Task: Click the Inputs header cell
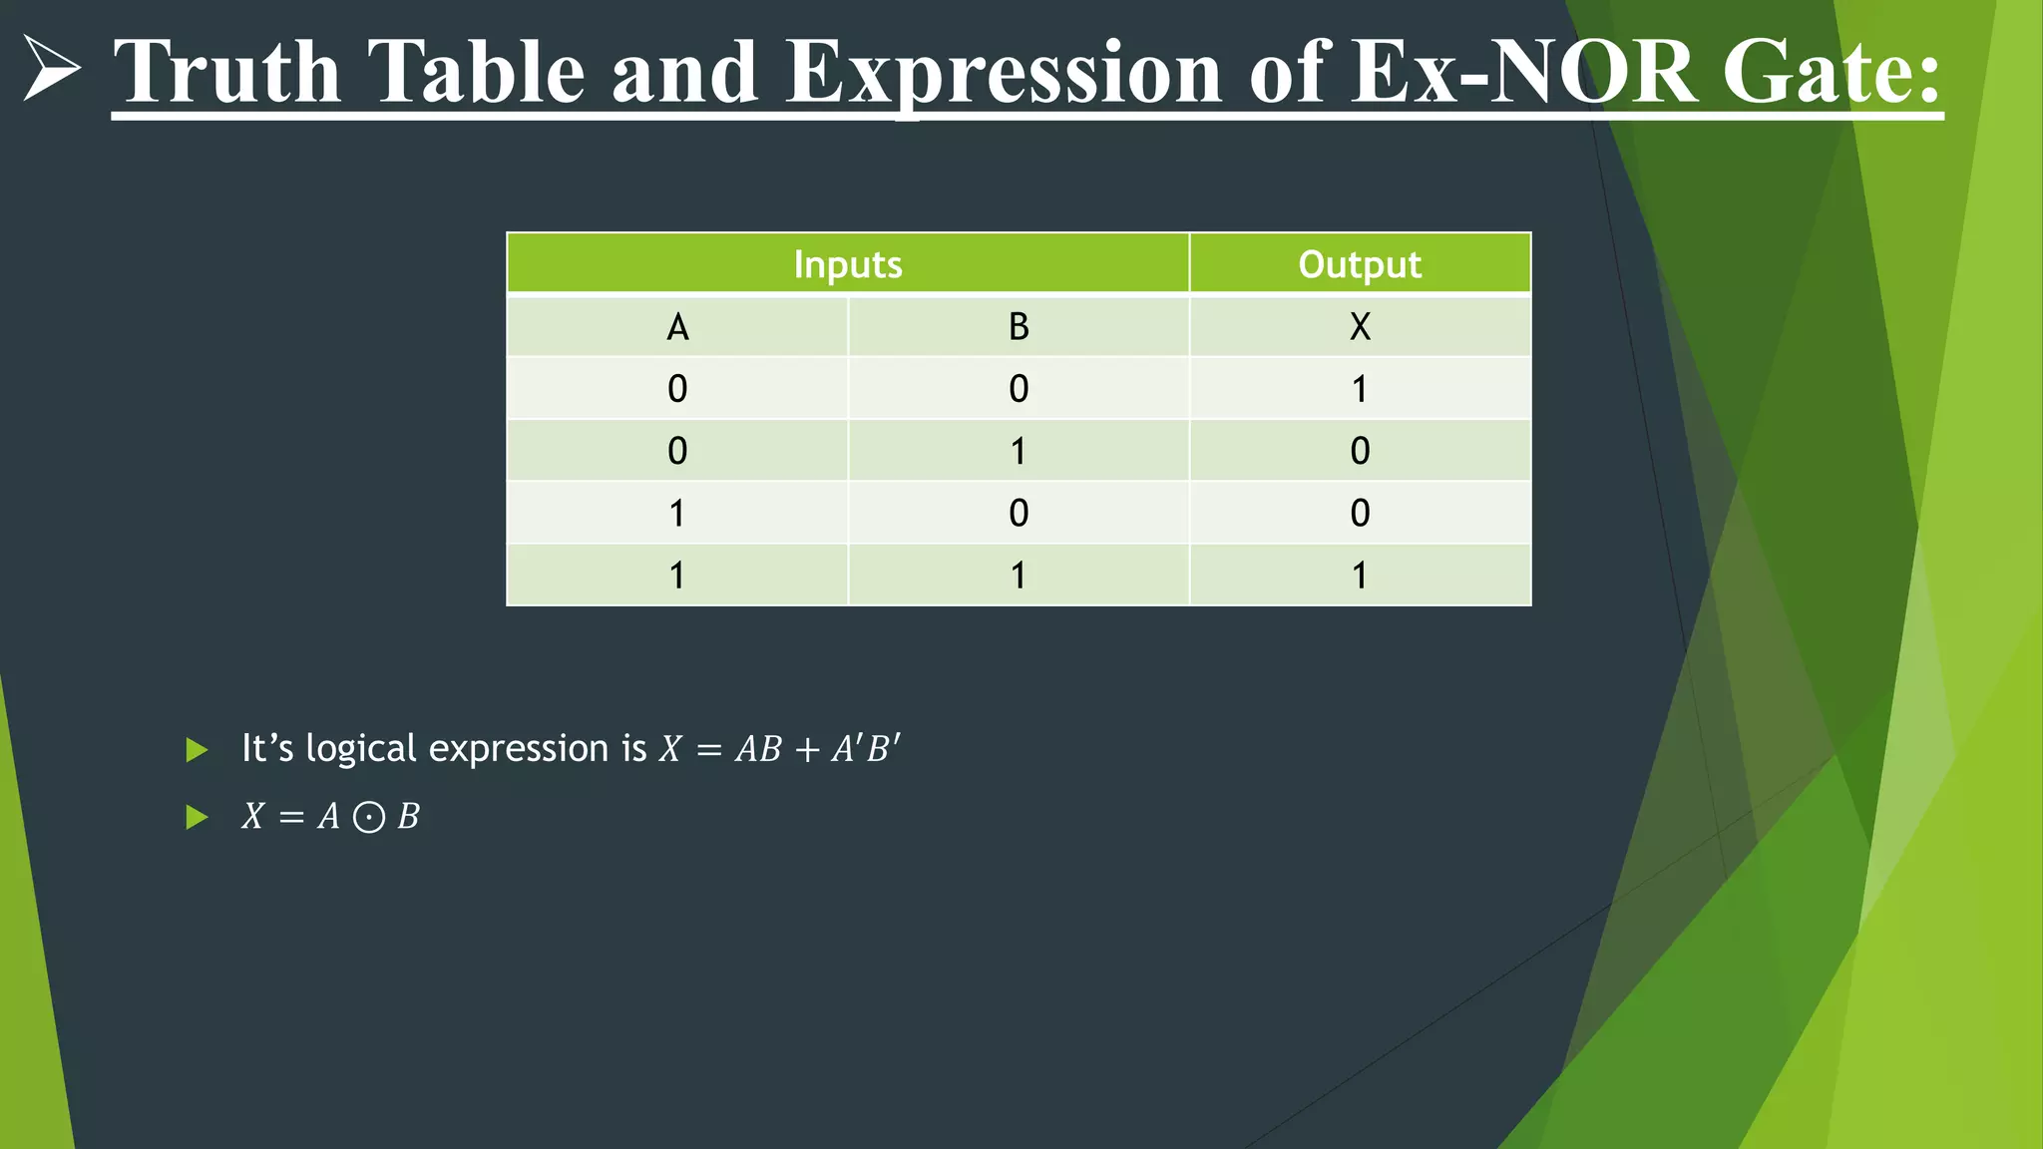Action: pos(848,264)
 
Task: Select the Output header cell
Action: pos(1360,264)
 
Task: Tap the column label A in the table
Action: pos(677,327)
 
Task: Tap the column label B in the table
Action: pos(1019,327)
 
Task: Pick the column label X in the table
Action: pos(1360,327)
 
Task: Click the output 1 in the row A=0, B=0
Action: pos(1360,389)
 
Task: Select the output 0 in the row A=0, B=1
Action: pos(1360,451)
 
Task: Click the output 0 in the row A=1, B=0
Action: pos(1360,514)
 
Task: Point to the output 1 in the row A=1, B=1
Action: pos(1360,575)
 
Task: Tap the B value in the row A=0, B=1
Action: pos(1019,451)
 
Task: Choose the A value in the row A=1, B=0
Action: pos(677,514)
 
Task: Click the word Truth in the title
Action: pos(227,72)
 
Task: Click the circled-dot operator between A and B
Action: pos(369,818)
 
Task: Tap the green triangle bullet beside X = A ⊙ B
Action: pos(197,818)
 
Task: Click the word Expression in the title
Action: pos(1004,72)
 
